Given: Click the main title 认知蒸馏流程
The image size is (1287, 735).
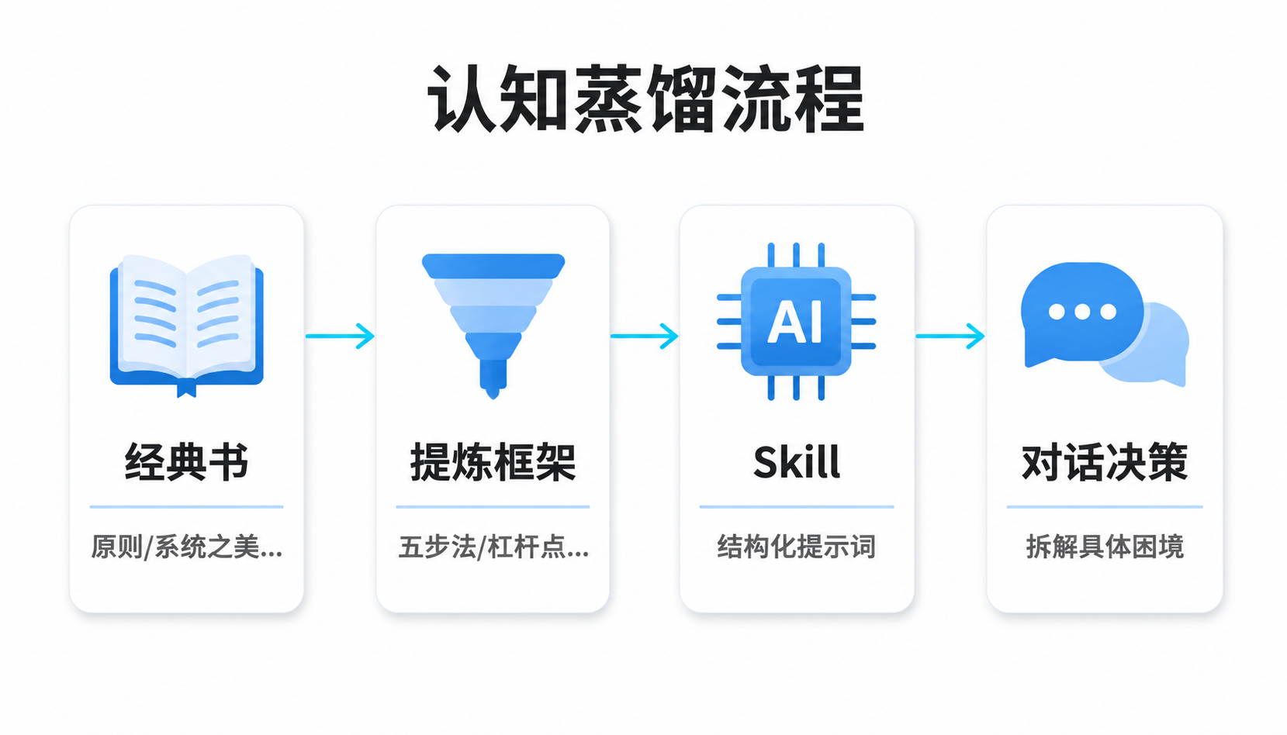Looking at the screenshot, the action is [645, 98].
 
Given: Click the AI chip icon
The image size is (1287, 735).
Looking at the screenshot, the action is [797, 322].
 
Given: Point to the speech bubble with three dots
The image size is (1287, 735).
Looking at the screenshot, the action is [1080, 313].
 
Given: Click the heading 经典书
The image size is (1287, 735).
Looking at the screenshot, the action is [187, 462].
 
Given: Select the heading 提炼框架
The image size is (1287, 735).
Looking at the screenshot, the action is [493, 462].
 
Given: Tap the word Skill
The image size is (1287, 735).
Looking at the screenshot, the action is [797, 462].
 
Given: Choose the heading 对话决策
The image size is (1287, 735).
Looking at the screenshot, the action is [1104, 462].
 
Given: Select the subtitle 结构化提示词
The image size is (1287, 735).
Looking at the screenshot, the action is [797, 547].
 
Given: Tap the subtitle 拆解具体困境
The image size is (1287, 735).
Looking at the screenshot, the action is [1105, 547].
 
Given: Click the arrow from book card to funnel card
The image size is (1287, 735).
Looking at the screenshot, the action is [340, 336].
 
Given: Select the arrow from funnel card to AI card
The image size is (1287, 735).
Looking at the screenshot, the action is [645, 336].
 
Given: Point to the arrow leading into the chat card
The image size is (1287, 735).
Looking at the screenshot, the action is [950, 336].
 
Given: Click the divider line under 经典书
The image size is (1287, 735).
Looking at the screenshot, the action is [187, 507].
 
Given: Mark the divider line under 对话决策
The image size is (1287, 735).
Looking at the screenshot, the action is [1105, 507].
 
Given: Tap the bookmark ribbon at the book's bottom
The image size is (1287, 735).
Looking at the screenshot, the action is [187, 389].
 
